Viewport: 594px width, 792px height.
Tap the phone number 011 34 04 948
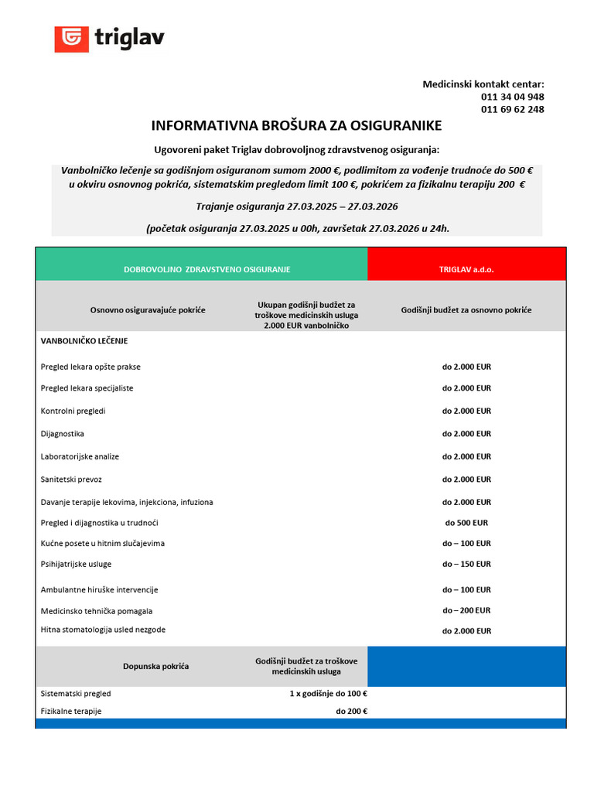click(512, 97)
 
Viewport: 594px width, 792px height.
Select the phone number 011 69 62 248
click(512, 110)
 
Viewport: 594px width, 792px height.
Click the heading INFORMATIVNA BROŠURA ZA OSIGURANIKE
click(296, 126)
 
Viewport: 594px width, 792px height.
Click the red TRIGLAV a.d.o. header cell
click(466, 269)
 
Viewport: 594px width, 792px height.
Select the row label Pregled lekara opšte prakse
click(90, 367)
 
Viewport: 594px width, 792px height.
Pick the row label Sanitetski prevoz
click(71, 480)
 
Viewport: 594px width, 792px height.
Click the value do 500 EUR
click(466, 523)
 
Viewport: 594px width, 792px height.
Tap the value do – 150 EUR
click(466, 564)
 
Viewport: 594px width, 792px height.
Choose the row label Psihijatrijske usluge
click(76, 564)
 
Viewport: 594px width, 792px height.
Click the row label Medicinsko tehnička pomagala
click(96, 611)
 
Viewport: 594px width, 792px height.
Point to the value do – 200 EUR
click(466, 610)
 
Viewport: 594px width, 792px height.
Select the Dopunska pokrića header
click(155, 666)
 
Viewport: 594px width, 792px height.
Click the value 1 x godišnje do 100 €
click(328, 694)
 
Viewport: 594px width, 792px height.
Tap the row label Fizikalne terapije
click(71, 711)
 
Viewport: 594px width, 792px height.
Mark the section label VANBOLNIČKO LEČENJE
click(84, 340)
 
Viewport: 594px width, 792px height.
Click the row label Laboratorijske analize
click(80, 456)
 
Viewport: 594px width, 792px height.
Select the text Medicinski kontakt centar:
click(483, 84)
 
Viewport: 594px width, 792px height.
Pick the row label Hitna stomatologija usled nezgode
click(103, 630)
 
